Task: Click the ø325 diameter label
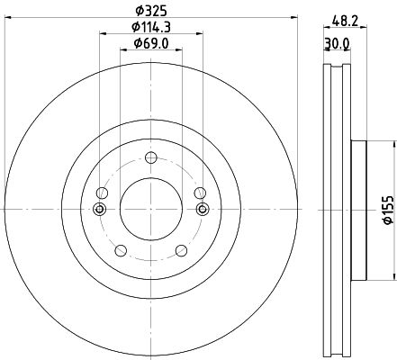(151, 11)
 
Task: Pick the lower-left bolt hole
(121, 250)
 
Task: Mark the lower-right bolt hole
(182, 250)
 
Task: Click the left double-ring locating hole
(99, 209)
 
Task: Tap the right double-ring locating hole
(203, 209)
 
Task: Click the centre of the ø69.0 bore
(151, 209)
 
